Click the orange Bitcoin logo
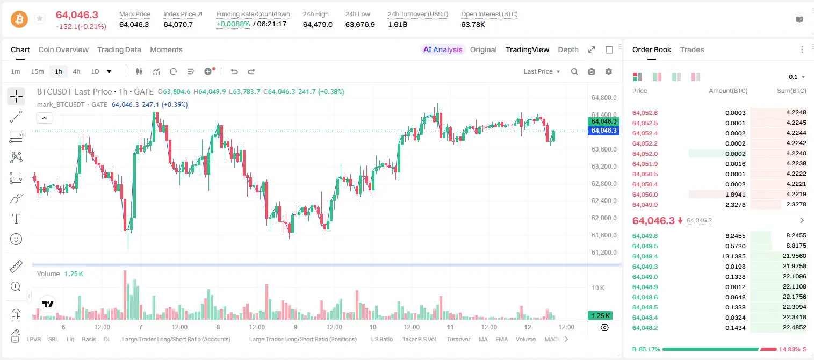click(19, 19)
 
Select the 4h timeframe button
click(76, 71)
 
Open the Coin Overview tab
click(63, 49)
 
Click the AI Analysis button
click(443, 49)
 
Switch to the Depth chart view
click(568, 49)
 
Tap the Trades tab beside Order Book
click(692, 49)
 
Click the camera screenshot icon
click(592, 71)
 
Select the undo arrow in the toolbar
click(234, 71)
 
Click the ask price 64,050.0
click(645, 195)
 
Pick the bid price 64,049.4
click(645, 256)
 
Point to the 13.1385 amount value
click(733, 256)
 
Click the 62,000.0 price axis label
click(604, 218)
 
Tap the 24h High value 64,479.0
click(318, 24)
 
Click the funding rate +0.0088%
click(233, 24)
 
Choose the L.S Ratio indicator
click(381, 339)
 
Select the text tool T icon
click(16, 219)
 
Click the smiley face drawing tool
click(16, 239)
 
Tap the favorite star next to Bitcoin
click(40, 18)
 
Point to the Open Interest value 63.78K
click(473, 24)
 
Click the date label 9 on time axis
click(296, 327)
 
